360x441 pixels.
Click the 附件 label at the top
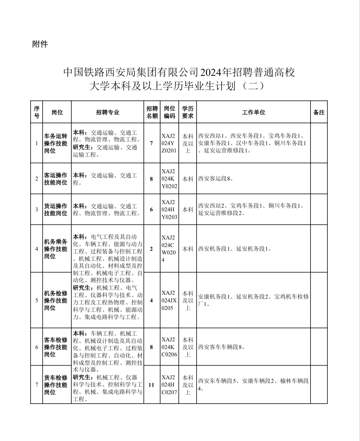click(x=40, y=44)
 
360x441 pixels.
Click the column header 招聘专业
click(x=107, y=112)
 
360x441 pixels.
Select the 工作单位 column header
click(x=253, y=112)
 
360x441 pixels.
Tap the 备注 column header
click(x=319, y=112)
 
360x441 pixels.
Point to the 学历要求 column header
click(x=187, y=112)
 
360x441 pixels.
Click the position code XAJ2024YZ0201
click(x=169, y=143)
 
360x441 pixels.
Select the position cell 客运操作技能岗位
click(x=56, y=179)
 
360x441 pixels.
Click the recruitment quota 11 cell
click(x=151, y=385)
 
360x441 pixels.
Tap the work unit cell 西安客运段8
click(x=216, y=179)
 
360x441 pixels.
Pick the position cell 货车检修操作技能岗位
click(x=56, y=385)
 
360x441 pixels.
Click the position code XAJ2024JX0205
click(x=169, y=301)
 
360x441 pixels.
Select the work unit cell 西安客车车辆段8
click(x=221, y=347)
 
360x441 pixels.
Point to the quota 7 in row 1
click(x=151, y=143)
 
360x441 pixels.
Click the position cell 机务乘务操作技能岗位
click(x=56, y=249)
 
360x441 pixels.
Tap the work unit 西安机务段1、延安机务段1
click(x=235, y=249)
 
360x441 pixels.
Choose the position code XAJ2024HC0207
click(x=169, y=385)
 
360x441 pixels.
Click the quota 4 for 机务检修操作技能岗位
click(x=151, y=301)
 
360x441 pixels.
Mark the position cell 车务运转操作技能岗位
click(x=56, y=143)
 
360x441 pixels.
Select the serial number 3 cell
click(x=37, y=210)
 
